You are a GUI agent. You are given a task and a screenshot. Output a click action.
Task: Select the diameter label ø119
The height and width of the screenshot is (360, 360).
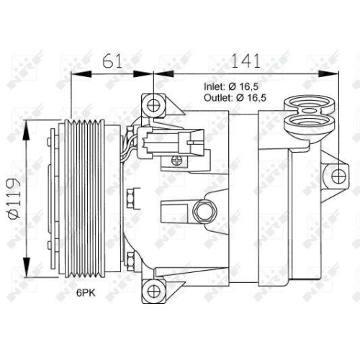(x=14, y=194)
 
